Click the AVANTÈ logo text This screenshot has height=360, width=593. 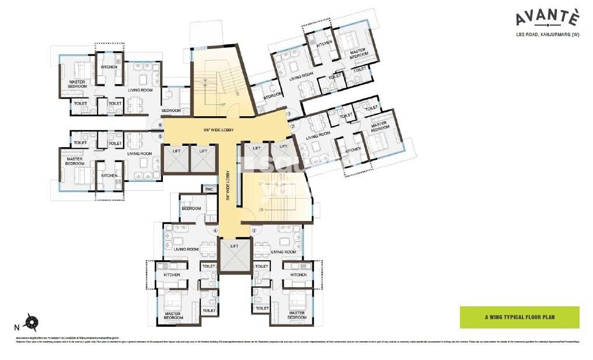coord(547,19)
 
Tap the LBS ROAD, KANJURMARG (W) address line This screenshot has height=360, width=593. coord(547,35)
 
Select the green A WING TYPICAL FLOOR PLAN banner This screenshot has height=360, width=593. coord(519,317)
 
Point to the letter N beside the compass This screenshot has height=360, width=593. coord(16,327)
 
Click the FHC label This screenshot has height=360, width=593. coord(209,189)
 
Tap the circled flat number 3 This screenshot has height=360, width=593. coord(254,231)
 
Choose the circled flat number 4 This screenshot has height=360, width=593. coord(215,231)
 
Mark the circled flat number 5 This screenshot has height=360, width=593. coord(160,137)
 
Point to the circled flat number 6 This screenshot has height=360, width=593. coord(160,124)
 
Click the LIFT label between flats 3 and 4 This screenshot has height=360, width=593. coord(234,247)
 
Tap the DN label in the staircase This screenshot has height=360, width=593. coord(262,209)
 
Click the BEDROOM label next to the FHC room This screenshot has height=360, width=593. coord(191,208)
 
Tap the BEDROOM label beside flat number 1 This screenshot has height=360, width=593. coord(273,96)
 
